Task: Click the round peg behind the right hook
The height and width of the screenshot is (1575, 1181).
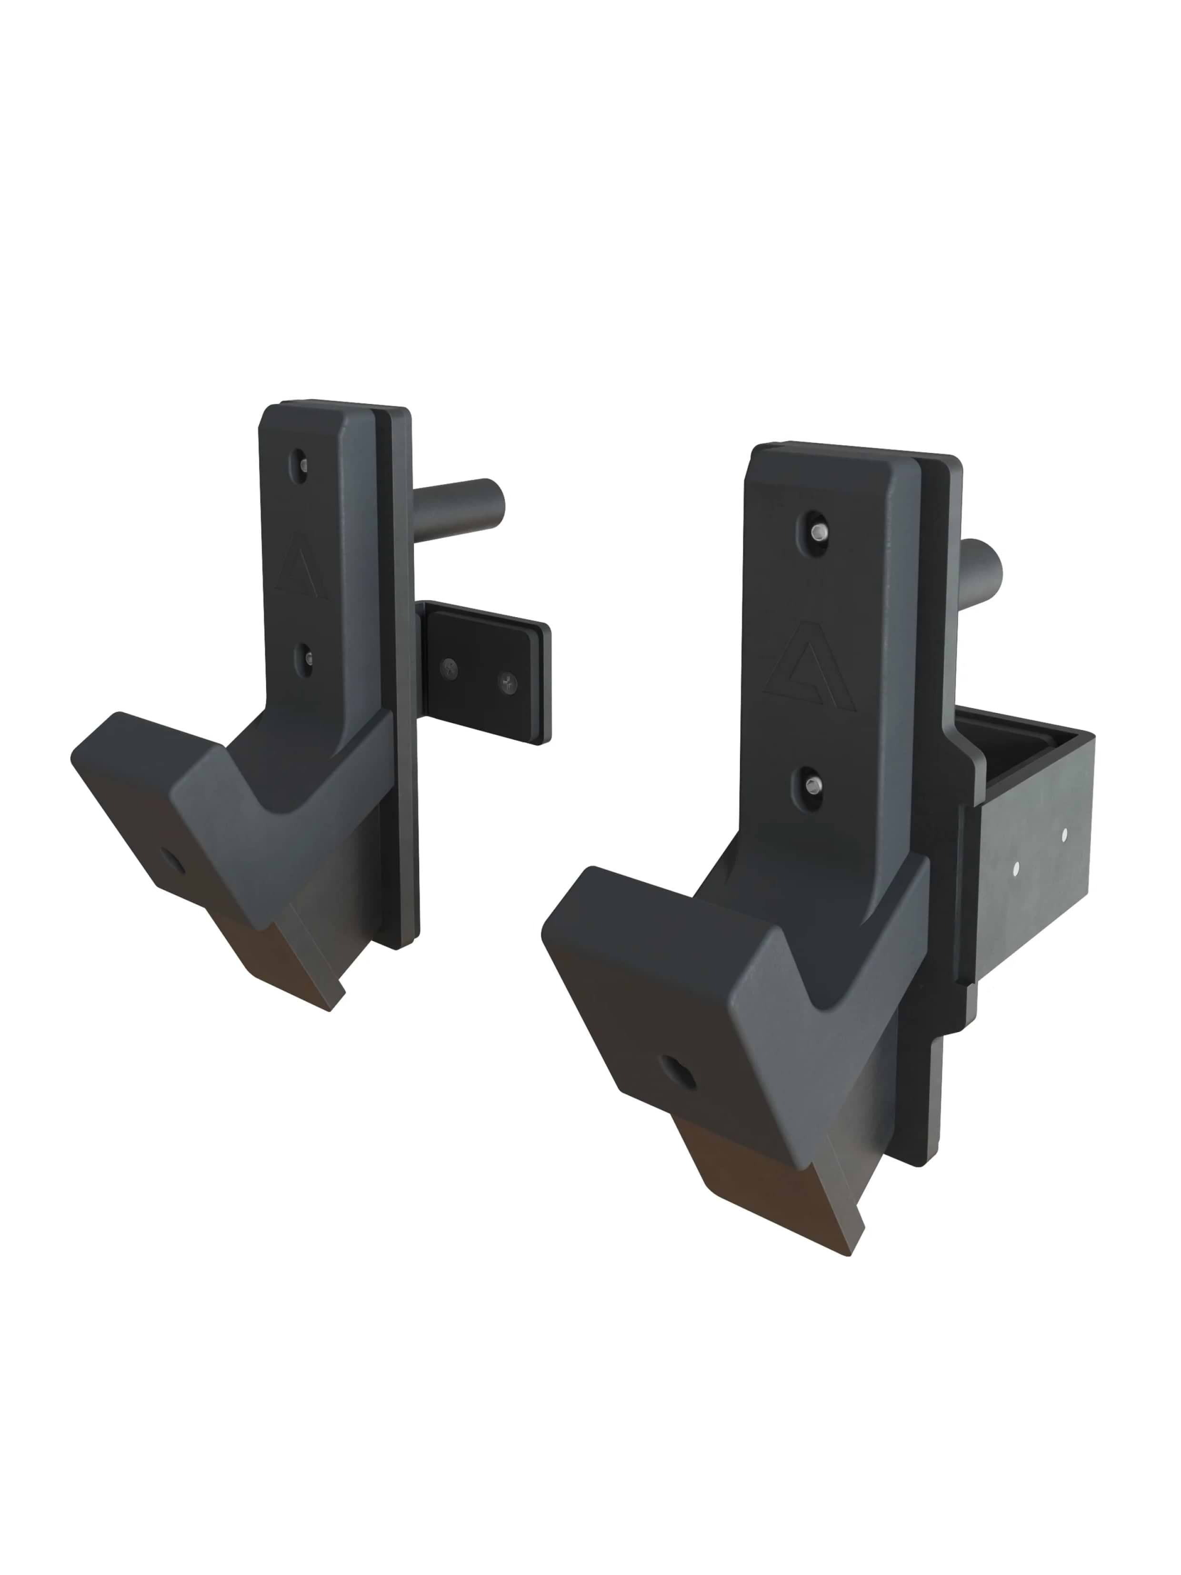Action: pos(982,569)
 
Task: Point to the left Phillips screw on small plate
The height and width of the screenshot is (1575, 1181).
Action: pos(449,667)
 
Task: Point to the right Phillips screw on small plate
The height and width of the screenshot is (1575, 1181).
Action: pos(507,682)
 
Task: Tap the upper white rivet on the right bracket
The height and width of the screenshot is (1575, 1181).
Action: pos(1065,833)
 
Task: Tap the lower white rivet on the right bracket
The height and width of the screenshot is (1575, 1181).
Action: pos(1015,867)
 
